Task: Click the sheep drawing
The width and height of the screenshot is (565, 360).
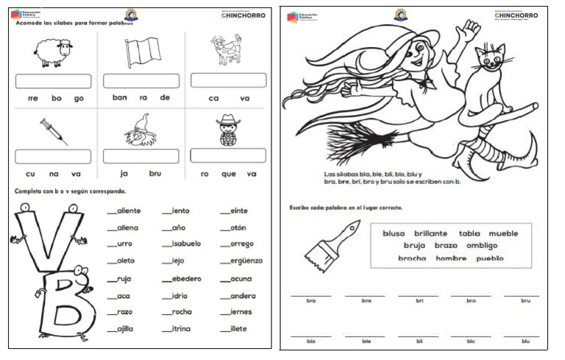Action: coord(52,52)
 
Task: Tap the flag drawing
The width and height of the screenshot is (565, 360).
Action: coord(141,53)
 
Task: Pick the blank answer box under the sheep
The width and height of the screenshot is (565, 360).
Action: coord(53,80)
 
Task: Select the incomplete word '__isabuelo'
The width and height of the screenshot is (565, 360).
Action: coord(181,244)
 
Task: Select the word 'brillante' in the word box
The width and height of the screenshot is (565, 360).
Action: coord(430,233)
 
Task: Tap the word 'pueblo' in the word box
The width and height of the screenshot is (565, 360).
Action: coord(489,258)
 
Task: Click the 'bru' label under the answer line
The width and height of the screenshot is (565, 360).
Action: coord(525,300)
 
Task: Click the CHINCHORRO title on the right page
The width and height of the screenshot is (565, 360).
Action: coord(516,15)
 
